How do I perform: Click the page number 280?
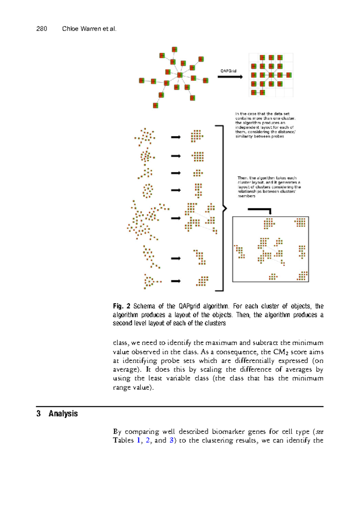pyautogui.click(x=41, y=29)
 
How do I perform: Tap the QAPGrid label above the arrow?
pyautogui.click(x=228, y=71)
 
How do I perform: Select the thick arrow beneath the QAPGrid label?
pyautogui.click(x=230, y=77)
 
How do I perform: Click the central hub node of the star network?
pyautogui.click(x=180, y=75)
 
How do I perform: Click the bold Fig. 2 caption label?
pyautogui.click(x=121, y=306)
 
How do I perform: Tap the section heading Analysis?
pyautogui.click(x=63, y=413)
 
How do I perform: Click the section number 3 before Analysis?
pyautogui.click(x=38, y=413)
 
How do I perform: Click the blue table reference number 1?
pyautogui.click(x=139, y=440)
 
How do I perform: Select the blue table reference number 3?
pyautogui.click(x=171, y=440)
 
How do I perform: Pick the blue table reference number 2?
pyautogui.click(x=148, y=440)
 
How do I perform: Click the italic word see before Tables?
pyautogui.click(x=319, y=432)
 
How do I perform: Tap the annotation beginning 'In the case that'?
pyautogui.click(x=265, y=125)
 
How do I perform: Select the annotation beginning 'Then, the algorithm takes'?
pyautogui.click(x=269, y=187)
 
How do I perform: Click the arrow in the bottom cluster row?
pyautogui.click(x=175, y=281)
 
